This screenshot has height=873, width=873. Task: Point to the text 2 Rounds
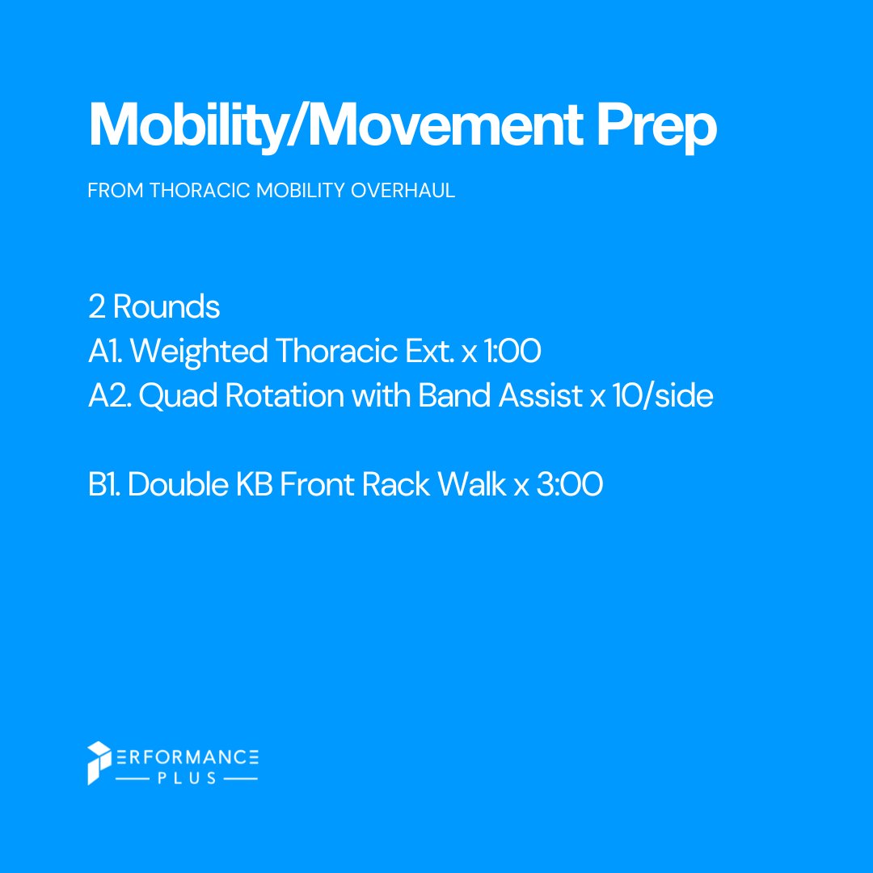point(154,307)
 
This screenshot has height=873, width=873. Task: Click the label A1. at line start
point(105,352)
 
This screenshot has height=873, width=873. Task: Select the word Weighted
point(199,352)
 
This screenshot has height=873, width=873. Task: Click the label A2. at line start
point(109,396)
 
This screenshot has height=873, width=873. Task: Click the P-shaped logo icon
point(97,762)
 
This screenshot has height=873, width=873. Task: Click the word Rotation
point(280,396)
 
